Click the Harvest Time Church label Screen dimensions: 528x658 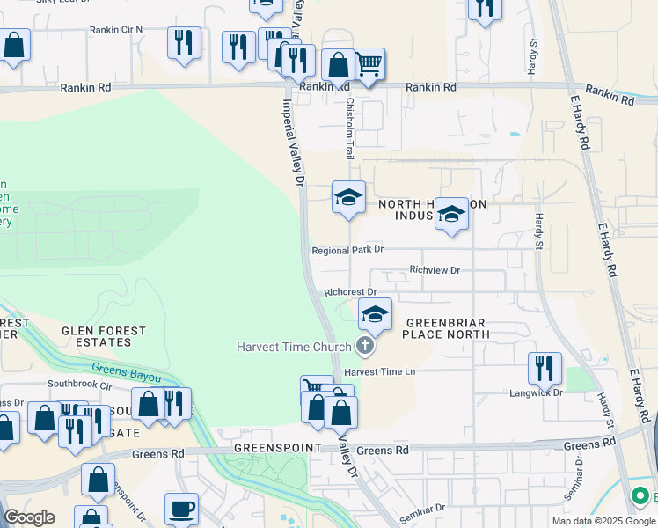point(295,347)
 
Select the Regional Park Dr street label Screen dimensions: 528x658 point(348,251)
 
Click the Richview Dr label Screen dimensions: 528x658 point(435,270)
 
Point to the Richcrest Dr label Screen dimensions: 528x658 point(350,291)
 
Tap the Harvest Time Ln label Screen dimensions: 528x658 point(385,372)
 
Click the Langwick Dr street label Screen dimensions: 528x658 point(536,392)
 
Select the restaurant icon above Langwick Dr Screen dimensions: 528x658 point(545,367)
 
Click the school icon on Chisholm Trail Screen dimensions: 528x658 point(348,196)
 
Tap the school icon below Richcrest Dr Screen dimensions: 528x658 point(375,314)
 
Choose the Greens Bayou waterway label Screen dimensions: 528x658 point(127,372)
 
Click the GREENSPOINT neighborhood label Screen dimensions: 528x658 point(274,448)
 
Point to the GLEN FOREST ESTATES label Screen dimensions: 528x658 point(104,337)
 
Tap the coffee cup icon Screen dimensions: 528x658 point(182,509)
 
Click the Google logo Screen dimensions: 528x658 point(30,517)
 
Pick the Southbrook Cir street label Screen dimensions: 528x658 point(80,385)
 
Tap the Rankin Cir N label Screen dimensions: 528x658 point(115,30)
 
